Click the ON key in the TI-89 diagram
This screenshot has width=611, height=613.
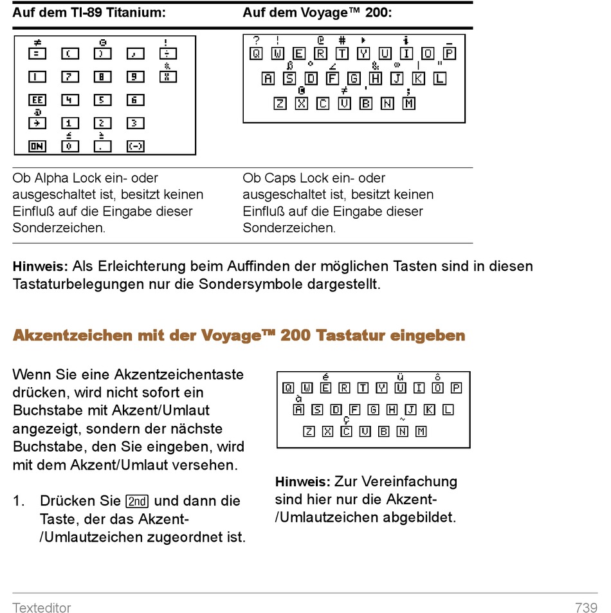(37, 146)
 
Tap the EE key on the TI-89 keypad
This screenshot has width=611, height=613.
(37, 100)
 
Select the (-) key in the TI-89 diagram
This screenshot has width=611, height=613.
(135, 146)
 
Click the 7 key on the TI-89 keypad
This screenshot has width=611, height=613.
(70, 77)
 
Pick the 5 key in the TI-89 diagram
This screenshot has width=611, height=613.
(102, 100)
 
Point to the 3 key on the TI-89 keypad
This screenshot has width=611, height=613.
(135, 123)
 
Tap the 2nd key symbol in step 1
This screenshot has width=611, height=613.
(137, 501)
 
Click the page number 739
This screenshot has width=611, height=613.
(586, 607)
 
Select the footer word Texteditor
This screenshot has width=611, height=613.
(41, 607)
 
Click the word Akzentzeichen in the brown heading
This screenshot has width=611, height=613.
(72, 335)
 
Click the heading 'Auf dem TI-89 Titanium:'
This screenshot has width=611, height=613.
(89, 12)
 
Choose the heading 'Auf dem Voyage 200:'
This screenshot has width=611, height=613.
(317, 12)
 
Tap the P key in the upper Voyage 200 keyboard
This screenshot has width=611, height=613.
(449, 53)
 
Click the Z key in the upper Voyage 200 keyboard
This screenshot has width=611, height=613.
(280, 104)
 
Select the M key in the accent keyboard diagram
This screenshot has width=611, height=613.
(421, 431)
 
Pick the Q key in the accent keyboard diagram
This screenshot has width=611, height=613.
(289, 388)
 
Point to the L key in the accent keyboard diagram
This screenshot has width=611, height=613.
(448, 409)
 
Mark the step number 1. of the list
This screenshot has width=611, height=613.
(19, 501)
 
